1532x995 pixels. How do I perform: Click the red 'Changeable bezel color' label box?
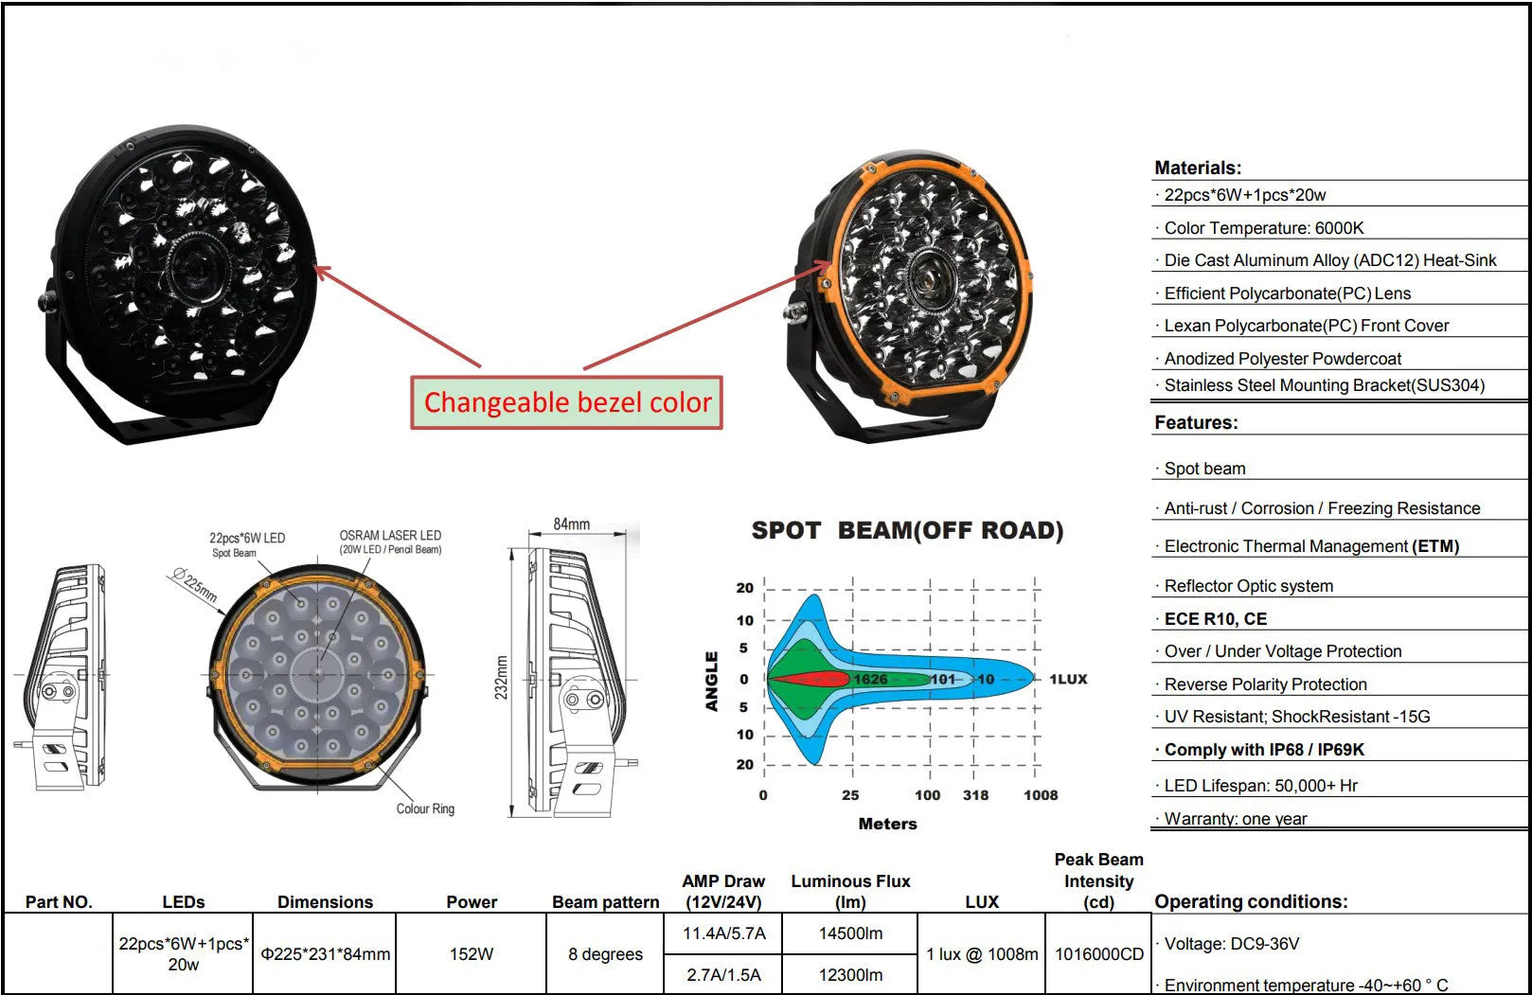coord(566,402)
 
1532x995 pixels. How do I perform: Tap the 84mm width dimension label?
coord(571,524)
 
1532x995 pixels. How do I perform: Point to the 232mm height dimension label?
coord(502,678)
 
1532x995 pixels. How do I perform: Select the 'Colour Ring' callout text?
coord(425,808)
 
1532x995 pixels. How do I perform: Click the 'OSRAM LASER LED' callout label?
coord(390,536)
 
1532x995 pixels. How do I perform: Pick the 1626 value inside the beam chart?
coord(870,679)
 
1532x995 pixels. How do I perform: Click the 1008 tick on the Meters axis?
coord(1040,795)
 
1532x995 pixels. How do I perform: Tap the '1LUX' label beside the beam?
coord(1068,679)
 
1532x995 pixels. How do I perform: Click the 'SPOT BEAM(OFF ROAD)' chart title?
coord(907,530)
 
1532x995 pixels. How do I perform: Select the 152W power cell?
coord(472,953)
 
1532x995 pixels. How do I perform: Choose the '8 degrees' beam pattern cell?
coord(605,953)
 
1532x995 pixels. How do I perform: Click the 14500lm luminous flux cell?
coord(850,933)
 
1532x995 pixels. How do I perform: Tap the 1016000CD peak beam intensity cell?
coord(1099,953)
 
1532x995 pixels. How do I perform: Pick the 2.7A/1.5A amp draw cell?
coord(723,974)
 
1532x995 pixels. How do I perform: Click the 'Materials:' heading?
coord(1198,168)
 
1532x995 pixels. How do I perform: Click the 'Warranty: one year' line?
coord(1235,819)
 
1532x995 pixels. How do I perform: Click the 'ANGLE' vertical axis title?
coord(712,681)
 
